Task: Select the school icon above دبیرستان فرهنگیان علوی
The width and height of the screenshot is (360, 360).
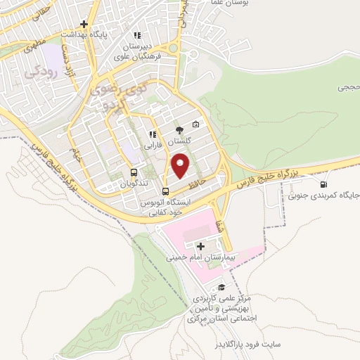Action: coord(137,34)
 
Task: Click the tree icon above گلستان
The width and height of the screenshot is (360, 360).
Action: coord(179,129)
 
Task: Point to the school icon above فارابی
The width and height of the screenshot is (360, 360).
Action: coord(152,135)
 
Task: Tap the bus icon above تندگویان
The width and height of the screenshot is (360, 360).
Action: coord(134,172)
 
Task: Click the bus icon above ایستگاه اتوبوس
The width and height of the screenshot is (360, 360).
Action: coord(165,191)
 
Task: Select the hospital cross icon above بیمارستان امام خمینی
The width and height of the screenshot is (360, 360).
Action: coord(201,246)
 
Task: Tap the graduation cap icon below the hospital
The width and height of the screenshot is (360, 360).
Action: coord(222,288)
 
